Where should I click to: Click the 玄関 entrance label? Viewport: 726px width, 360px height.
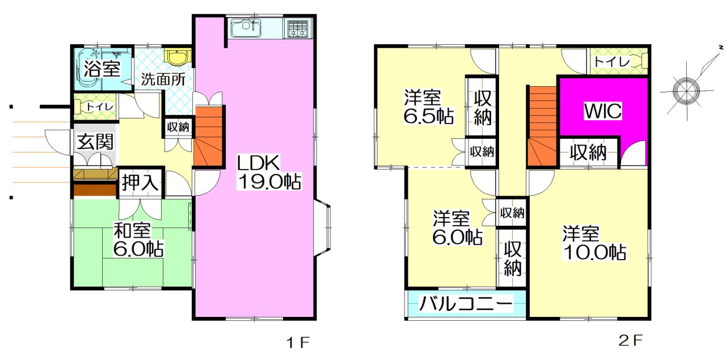[94, 142]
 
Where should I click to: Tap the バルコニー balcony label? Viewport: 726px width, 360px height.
[465, 304]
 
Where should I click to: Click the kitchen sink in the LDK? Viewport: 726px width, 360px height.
[244, 28]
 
